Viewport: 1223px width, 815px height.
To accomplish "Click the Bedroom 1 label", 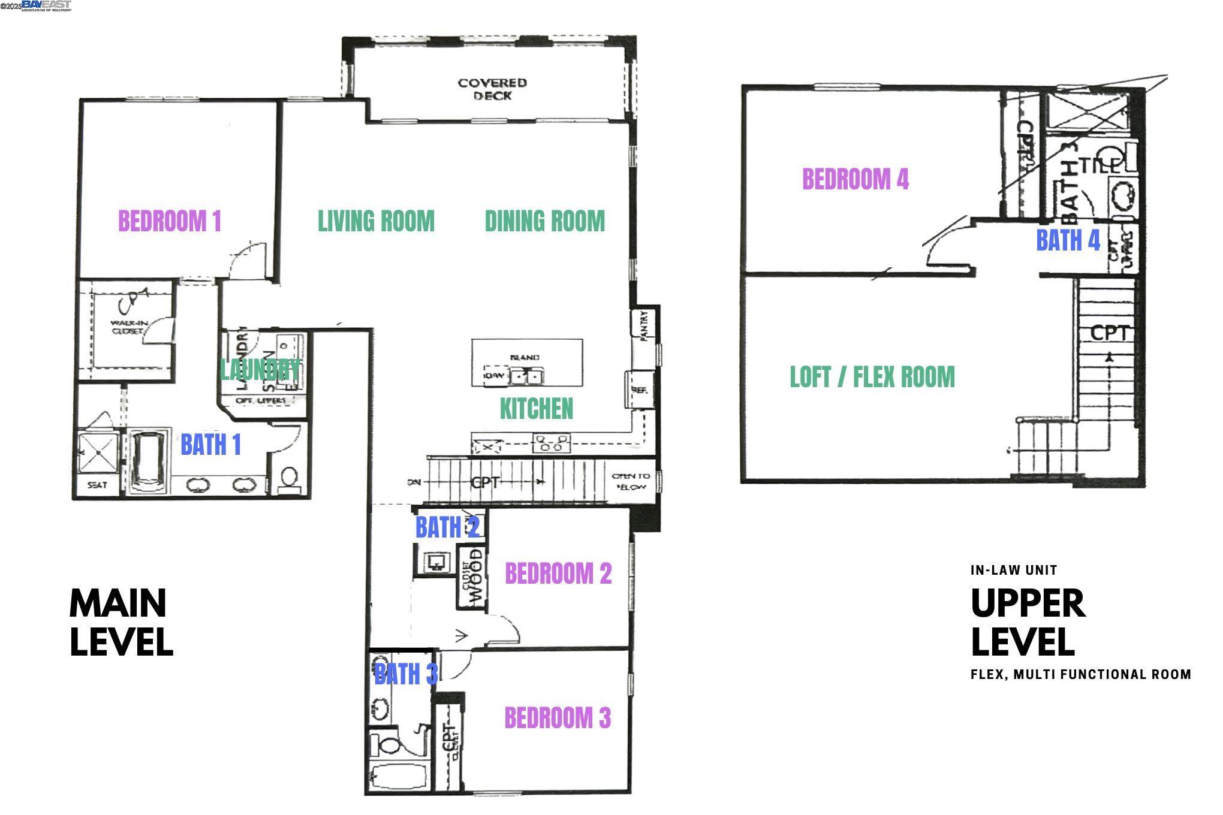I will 170,221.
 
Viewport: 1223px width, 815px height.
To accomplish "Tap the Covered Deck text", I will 492,89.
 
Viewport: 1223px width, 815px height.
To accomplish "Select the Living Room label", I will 376,221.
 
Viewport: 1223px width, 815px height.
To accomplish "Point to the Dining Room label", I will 544,221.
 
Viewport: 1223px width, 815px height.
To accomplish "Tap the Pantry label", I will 645,327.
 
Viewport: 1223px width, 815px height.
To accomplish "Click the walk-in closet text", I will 126,327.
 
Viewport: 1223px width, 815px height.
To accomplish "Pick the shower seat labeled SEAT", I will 97,485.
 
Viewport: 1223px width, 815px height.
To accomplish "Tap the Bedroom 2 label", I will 558,573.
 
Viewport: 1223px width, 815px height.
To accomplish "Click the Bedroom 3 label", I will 557,718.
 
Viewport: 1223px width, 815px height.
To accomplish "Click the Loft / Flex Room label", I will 872,377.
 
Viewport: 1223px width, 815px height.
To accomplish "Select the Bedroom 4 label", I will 855,179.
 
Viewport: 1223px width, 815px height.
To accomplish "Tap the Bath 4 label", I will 1068,241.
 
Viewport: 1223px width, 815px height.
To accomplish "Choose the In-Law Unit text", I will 1014,570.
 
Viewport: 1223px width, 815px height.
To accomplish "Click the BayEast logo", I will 46,5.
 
